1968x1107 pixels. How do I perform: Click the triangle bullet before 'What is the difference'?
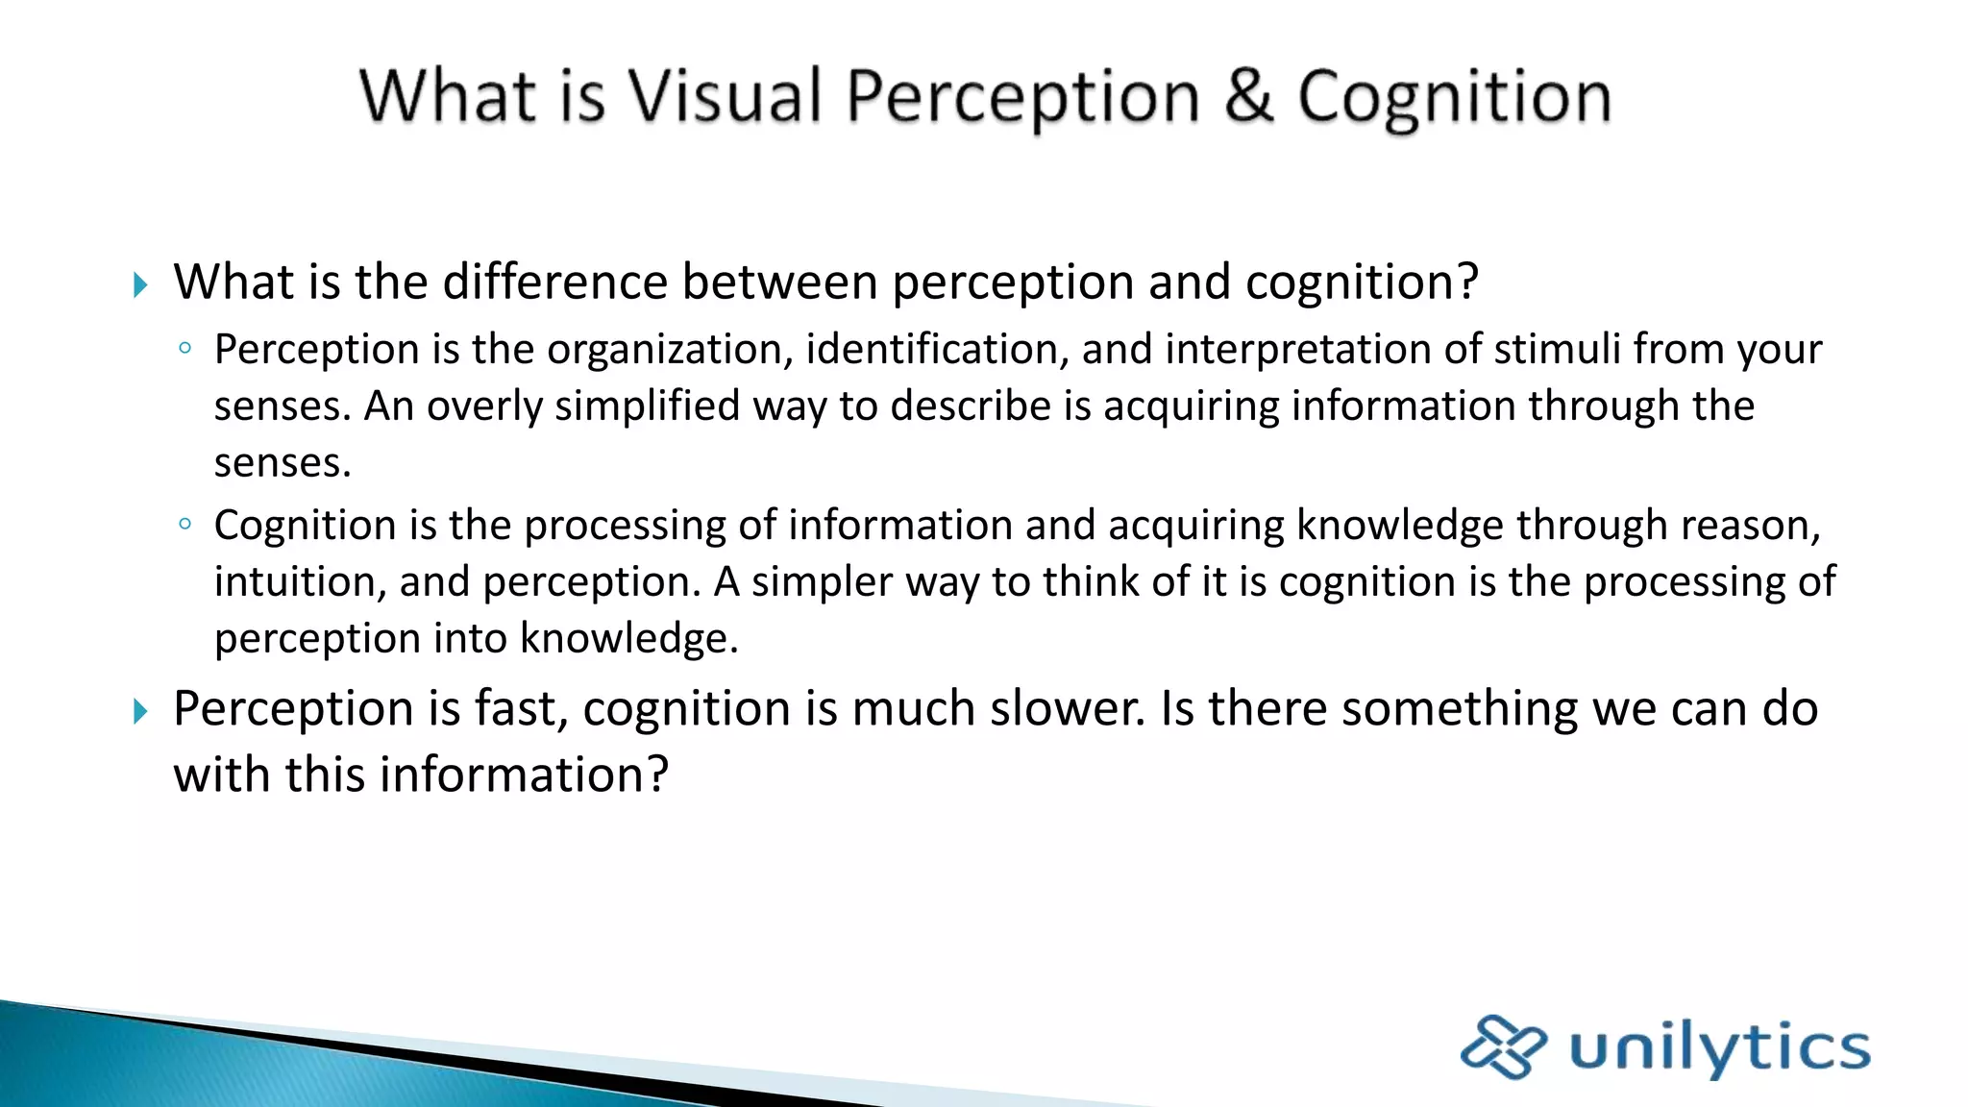pos(140,284)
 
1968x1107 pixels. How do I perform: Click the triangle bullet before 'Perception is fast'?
pos(140,711)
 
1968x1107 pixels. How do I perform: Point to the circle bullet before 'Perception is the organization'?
pos(185,349)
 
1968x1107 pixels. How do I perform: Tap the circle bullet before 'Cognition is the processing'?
pos(185,525)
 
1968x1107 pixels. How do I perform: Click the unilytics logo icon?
pos(1502,1046)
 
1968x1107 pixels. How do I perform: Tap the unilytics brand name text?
pos(1720,1048)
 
